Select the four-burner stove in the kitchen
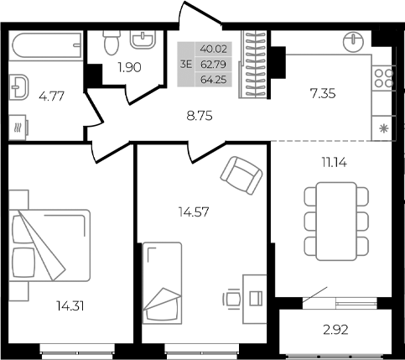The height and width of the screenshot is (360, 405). coord(383,80)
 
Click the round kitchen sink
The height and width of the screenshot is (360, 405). coord(355,38)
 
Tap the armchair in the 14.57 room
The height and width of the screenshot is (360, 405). coord(240,174)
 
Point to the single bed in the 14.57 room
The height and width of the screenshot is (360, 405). coord(163,282)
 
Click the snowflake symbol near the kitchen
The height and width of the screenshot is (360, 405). coord(384,128)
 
